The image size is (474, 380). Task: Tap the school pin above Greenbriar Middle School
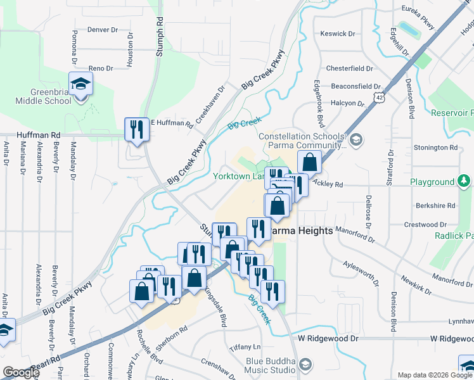pos(81,84)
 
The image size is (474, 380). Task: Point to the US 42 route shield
pos(378,98)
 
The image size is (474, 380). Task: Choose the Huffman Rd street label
pos(39,135)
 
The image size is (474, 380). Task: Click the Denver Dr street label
pos(103,29)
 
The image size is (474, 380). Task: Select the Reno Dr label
pos(100,68)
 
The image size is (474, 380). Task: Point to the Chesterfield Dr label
pos(352,68)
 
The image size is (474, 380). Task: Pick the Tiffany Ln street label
pos(245,347)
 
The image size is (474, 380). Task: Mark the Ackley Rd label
pos(327,185)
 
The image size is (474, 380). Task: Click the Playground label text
pos(432,182)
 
